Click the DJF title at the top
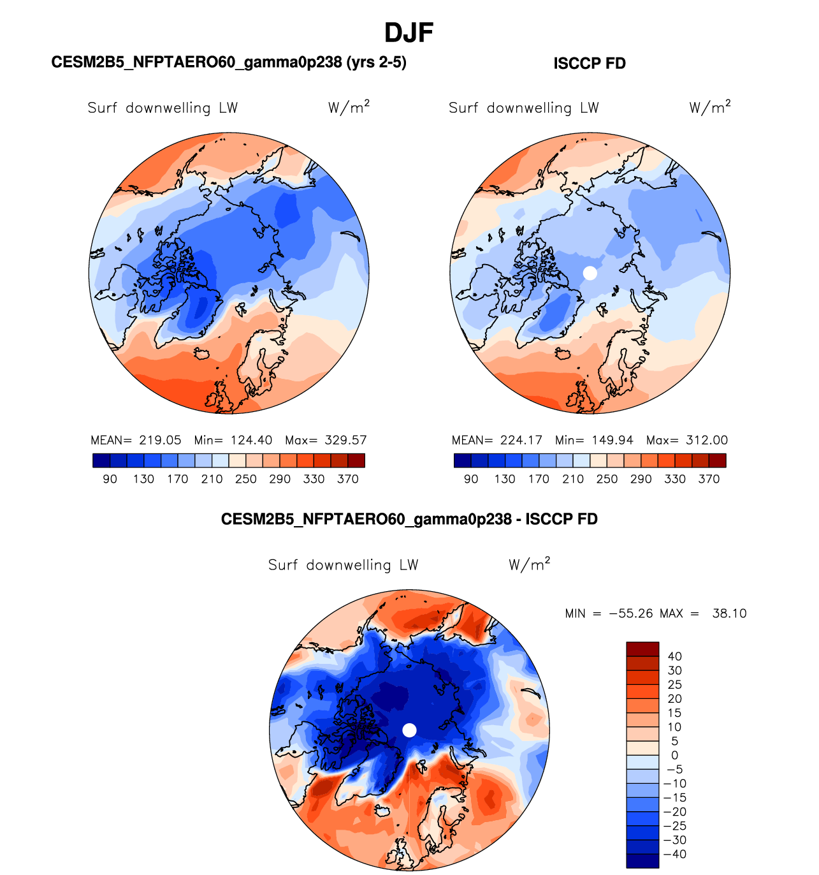tap(409, 33)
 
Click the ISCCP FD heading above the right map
tap(590, 64)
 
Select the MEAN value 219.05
tap(160, 440)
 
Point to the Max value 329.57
tap(345, 440)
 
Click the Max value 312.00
tap(707, 440)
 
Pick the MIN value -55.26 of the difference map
tap(631, 614)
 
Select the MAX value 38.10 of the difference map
tap(729, 614)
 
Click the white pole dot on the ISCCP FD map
tap(590, 273)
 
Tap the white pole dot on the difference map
tap(410, 730)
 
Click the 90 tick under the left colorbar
tap(110, 479)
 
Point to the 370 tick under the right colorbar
tap(709, 479)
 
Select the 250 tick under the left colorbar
tap(245, 479)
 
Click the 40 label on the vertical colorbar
tap(674, 656)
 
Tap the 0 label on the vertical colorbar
tap(674, 755)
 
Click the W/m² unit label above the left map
tap(349, 107)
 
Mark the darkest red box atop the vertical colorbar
tap(642, 649)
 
